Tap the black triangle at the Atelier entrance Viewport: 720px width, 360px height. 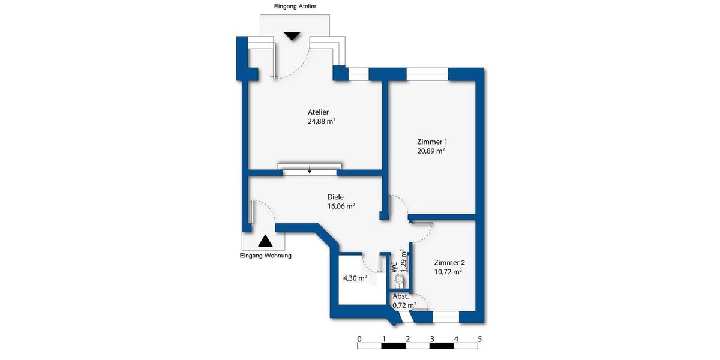click(292, 36)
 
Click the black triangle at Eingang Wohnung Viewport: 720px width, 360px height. click(265, 241)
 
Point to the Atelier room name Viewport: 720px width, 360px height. click(318, 112)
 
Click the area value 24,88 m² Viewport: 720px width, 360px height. click(321, 122)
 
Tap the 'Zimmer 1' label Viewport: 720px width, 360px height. click(432, 142)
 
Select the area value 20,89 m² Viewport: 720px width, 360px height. click(431, 151)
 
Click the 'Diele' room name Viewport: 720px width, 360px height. click(335, 196)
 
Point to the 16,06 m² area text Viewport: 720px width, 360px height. click(341, 206)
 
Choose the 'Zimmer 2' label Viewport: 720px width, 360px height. click(449, 262)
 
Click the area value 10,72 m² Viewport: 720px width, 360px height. click(448, 272)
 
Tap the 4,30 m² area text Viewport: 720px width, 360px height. click(354, 278)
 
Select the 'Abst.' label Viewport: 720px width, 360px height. click(400, 296)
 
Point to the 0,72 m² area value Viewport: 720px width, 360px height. click(404, 305)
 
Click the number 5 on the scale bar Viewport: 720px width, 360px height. click(479, 338)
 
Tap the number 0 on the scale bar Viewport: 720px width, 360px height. click(359, 338)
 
